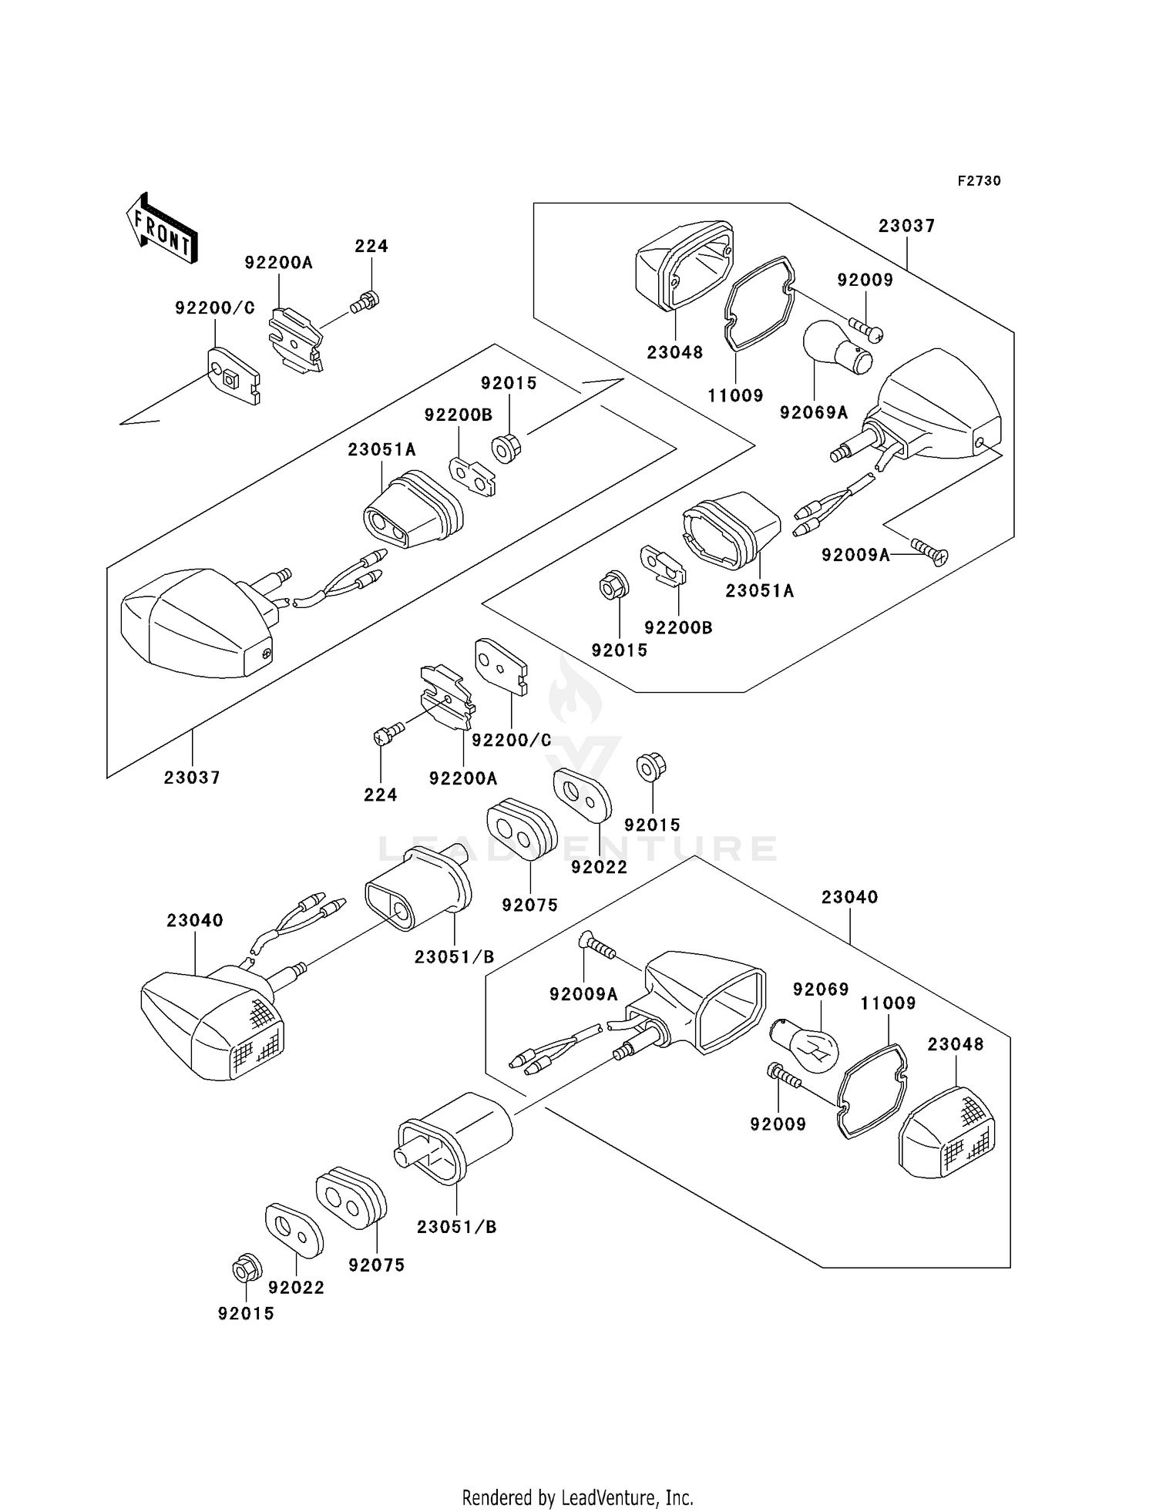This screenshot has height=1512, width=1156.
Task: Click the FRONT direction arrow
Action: click(162, 229)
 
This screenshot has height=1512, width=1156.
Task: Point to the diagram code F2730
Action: click(979, 181)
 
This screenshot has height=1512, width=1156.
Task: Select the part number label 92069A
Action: click(813, 413)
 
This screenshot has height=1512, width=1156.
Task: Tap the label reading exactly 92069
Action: click(821, 990)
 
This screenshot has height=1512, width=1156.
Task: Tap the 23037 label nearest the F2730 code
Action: click(906, 226)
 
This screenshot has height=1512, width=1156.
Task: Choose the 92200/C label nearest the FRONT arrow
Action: click(214, 308)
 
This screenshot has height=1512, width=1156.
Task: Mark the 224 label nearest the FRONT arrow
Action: click(371, 247)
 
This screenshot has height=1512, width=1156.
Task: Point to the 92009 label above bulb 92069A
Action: click(865, 281)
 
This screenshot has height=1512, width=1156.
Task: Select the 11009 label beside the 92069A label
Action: click(735, 396)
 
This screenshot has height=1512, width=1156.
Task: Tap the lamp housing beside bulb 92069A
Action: click(936, 408)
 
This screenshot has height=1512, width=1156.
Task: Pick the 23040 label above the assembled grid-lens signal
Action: click(195, 921)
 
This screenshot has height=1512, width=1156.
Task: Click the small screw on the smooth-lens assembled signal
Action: click(267, 654)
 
